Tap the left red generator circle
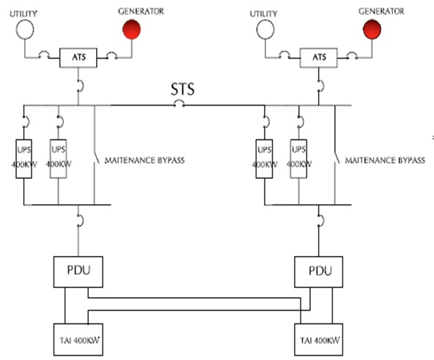(x=132, y=29)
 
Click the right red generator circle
(x=372, y=29)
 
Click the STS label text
(x=183, y=89)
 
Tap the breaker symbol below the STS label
(x=179, y=103)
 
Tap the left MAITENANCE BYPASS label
(x=144, y=161)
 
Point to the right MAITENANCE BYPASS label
(x=385, y=161)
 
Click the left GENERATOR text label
(x=141, y=11)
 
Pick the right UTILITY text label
(x=263, y=14)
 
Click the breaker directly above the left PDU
(x=81, y=221)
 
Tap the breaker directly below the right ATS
(x=321, y=86)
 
